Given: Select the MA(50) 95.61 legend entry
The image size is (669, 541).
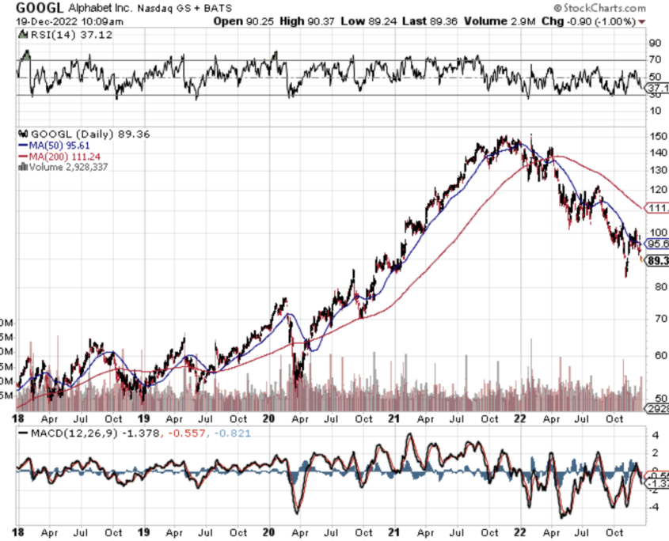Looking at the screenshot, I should coord(58,145).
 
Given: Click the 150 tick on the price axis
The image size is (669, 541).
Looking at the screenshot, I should coord(656,135).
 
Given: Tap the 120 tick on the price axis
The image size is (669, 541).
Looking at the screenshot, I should coord(656,190).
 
